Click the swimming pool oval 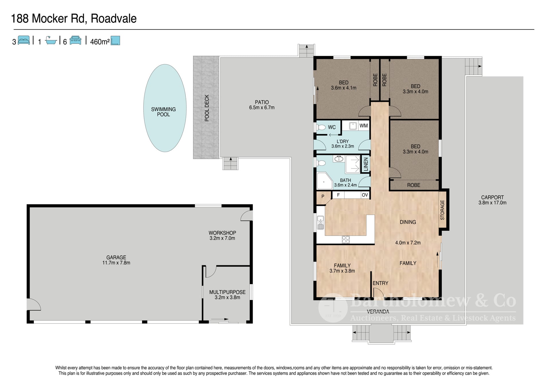[165, 108]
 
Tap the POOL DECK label [207, 108]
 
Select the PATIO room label [262, 102]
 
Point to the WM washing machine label [364, 125]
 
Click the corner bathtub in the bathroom [324, 181]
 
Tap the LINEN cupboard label [366, 164]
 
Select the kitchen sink [320, 222]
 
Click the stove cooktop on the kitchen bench [346, 239]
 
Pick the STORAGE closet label [442, 210]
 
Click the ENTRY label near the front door [380, 283]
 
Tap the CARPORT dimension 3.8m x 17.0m [492, 203]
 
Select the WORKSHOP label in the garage [222, 233]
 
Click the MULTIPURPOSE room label [227, 292]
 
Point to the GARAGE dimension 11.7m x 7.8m [116, 263]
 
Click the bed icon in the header [24, 40]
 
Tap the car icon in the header [75, 40]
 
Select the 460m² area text [100, 42]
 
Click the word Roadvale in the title [114, 19]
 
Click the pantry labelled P [323, 197]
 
